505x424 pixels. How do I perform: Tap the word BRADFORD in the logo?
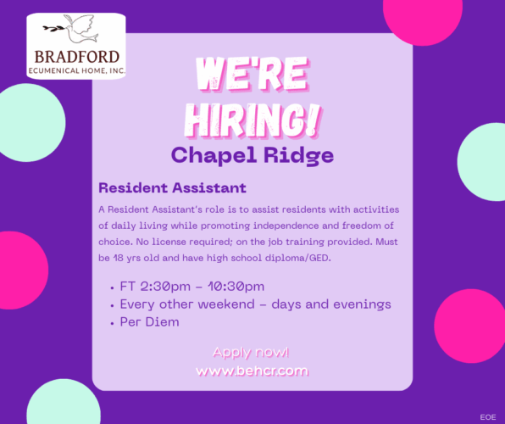tap(76, 57)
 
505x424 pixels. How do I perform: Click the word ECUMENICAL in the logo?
tap(53, 70)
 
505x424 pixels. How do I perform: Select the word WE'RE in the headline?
tap(251, 74)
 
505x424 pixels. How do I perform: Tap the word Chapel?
tap(214, 155)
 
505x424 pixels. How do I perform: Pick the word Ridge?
tap(298, 155)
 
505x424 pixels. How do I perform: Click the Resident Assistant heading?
tap(172, 187)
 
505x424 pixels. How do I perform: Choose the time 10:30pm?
tap(236, 287)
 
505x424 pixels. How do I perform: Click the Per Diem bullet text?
tap(149, 321)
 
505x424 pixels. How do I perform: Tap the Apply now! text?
tap(251, 352)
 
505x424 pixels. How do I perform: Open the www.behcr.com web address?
tap(252, 371)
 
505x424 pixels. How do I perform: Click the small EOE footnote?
tap(488, 417)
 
